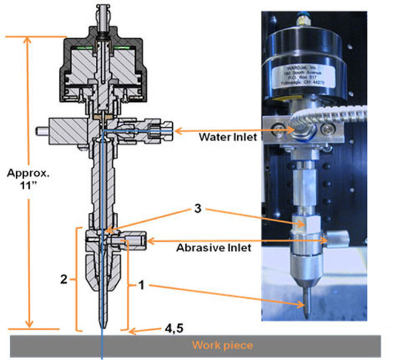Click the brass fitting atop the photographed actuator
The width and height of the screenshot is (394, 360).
tap(303, 24)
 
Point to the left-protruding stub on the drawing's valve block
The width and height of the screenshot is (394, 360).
tap(42, 129)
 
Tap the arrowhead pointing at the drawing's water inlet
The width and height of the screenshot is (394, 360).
tap(178, 129)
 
